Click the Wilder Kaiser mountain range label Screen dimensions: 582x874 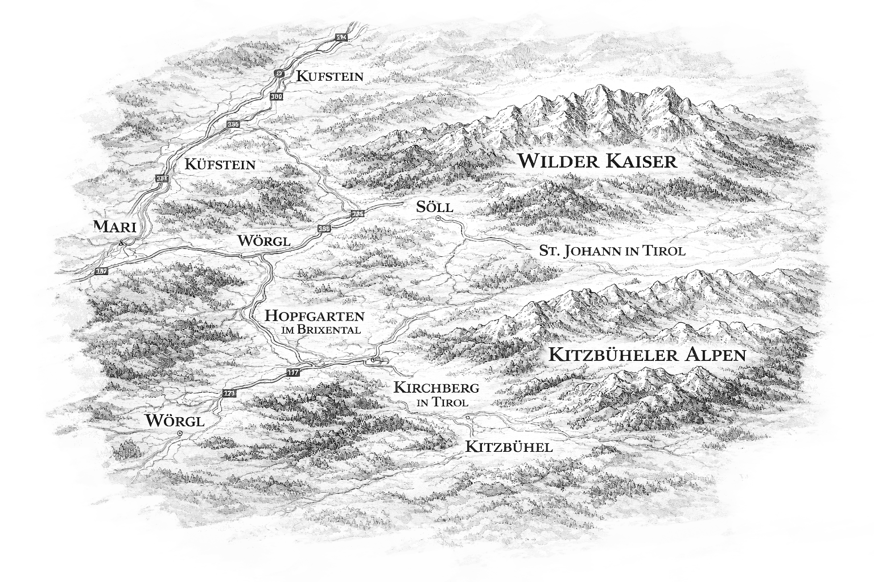[x=597, y=161]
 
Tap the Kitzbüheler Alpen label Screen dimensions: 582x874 [x=646, y=355]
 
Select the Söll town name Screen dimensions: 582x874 [x=434, y=207]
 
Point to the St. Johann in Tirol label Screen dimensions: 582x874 [x=612, y=251]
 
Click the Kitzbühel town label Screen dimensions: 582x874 [x=509, y=447]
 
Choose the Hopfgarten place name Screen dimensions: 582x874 [x=315, y=316]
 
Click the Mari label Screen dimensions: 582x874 [x=115, y=227]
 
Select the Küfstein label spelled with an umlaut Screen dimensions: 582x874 [x=220, y=165]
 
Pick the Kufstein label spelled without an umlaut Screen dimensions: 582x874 [x=329, y=76]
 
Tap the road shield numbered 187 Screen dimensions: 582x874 [x=101, y=271]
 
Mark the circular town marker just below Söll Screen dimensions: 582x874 [x=438, y=219]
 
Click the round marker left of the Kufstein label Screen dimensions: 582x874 [x=279, y=73]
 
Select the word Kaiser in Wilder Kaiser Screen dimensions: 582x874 [x=642, y=161]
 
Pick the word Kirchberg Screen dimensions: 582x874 [x=436, y=389]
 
